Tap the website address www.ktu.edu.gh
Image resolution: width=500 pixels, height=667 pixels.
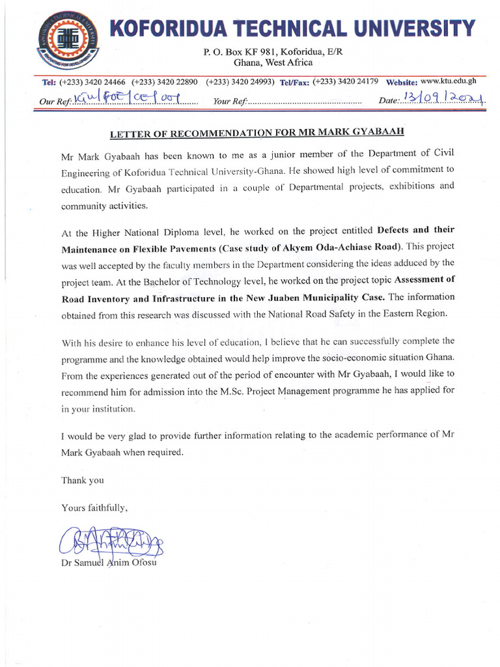449,81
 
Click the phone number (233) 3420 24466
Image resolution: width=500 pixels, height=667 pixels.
92,82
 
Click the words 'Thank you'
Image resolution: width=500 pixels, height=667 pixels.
83,480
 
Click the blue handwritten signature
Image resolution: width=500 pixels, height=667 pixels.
111,541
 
